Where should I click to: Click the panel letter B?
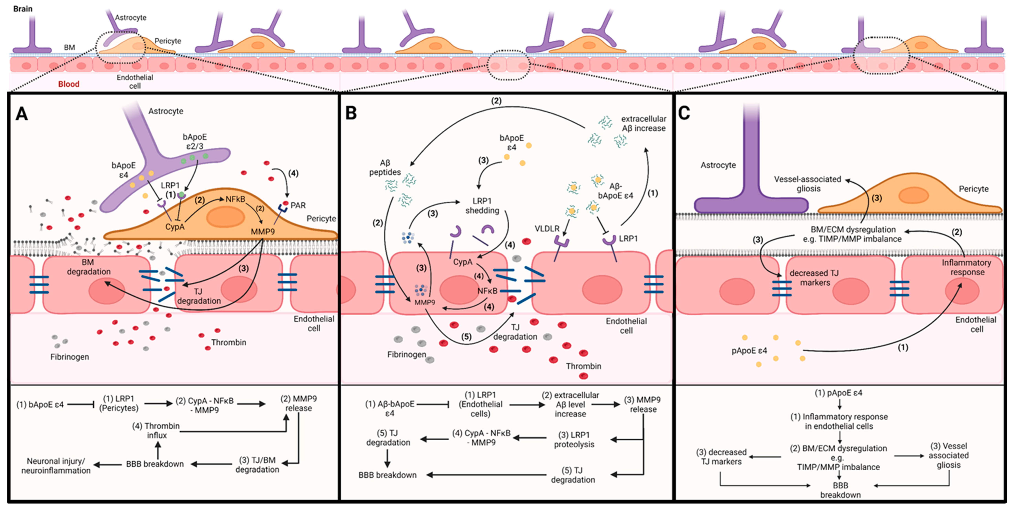[x=351, y=113]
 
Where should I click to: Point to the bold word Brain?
[x=23, y=9]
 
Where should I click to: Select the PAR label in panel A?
[x=298, y=205]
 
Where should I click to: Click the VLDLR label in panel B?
[x=547, y=228]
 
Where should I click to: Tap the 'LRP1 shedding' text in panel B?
[x=482, y=206]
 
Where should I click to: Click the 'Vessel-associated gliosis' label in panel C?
[x=808, y=184]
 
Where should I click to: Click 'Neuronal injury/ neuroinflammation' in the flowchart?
[x=56, y=466]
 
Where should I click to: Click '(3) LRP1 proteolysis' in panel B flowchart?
[x=574, y=439]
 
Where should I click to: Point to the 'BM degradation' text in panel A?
[x=89, y=267]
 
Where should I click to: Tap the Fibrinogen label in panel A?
[x=70, y=357]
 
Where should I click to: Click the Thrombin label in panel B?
[x=584, y=366]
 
